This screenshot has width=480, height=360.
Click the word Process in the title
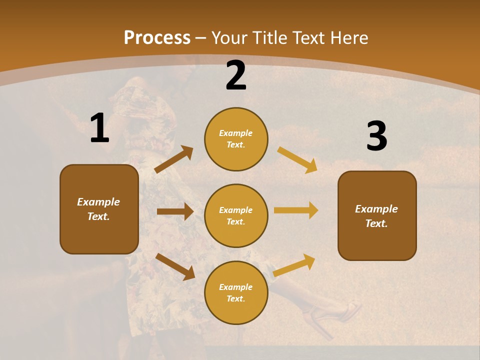click(x=157, y=37)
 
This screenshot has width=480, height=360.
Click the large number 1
click(x=99, y=128)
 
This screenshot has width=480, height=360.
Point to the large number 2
click(x=236, y=76)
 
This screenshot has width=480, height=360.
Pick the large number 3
click(x=376, y=136)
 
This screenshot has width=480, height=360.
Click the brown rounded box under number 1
click(x=99, y=209)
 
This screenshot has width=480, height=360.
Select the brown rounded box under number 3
click(x=377, y=216)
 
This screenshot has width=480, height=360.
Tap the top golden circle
click(x=236, y=139)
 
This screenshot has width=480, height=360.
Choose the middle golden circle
click(x=236, y=216)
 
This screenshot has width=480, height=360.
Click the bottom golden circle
click(x=236, y=293)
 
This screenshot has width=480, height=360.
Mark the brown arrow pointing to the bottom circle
click(x=175, y=266)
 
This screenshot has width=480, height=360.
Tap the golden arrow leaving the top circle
click(x=297, y=160)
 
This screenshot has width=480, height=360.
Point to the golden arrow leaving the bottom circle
click(x=294, y=265)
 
